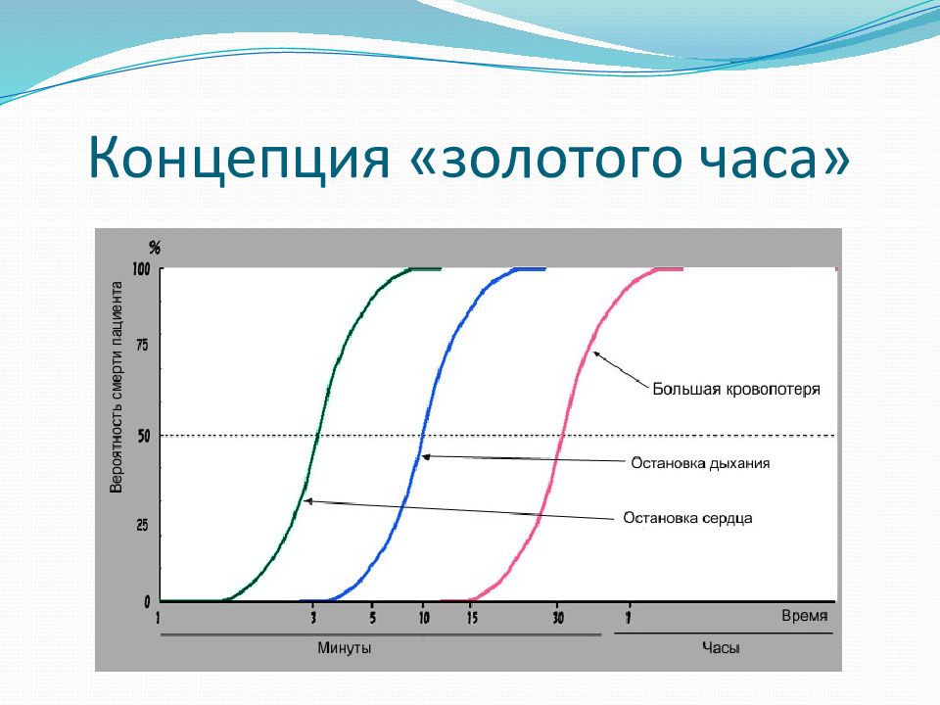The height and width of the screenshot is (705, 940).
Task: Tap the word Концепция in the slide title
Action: tap(239, 157)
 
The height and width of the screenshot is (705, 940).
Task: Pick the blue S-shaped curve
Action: tap(423, 435)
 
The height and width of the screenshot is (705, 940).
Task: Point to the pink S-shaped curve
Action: tap(560, 435)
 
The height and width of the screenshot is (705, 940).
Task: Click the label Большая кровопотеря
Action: tap(736, 390)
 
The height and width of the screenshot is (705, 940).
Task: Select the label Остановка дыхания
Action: tap(700, 463)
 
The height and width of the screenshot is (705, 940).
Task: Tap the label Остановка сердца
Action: tap(687, 518)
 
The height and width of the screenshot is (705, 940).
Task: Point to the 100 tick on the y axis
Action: tap(141, 268)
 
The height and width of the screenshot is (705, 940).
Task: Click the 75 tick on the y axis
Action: tap(143, 346)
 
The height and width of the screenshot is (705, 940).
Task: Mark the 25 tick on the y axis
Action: tap(143, 526)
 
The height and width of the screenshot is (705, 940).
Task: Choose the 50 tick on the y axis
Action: tap(143, 436)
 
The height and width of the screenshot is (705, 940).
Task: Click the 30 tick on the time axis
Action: tap(558, 618)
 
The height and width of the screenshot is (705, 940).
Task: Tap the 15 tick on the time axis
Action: tap(472, 618)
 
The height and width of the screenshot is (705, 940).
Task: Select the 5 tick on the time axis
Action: tap(373, 618)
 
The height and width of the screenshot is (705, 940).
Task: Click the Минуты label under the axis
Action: tap(344, 648)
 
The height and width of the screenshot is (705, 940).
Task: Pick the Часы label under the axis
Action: tap(721, 648)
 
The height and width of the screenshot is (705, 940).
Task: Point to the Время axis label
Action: tap(805, 616)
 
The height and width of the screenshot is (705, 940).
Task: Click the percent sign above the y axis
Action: tap(155, 248)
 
